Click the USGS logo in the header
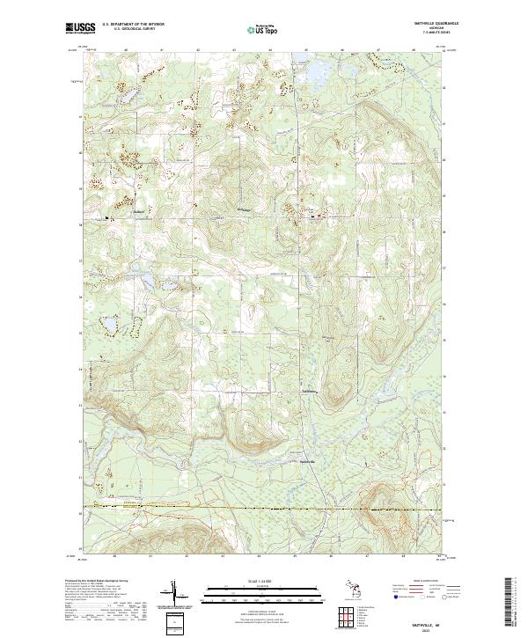79,28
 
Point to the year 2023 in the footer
433,627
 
